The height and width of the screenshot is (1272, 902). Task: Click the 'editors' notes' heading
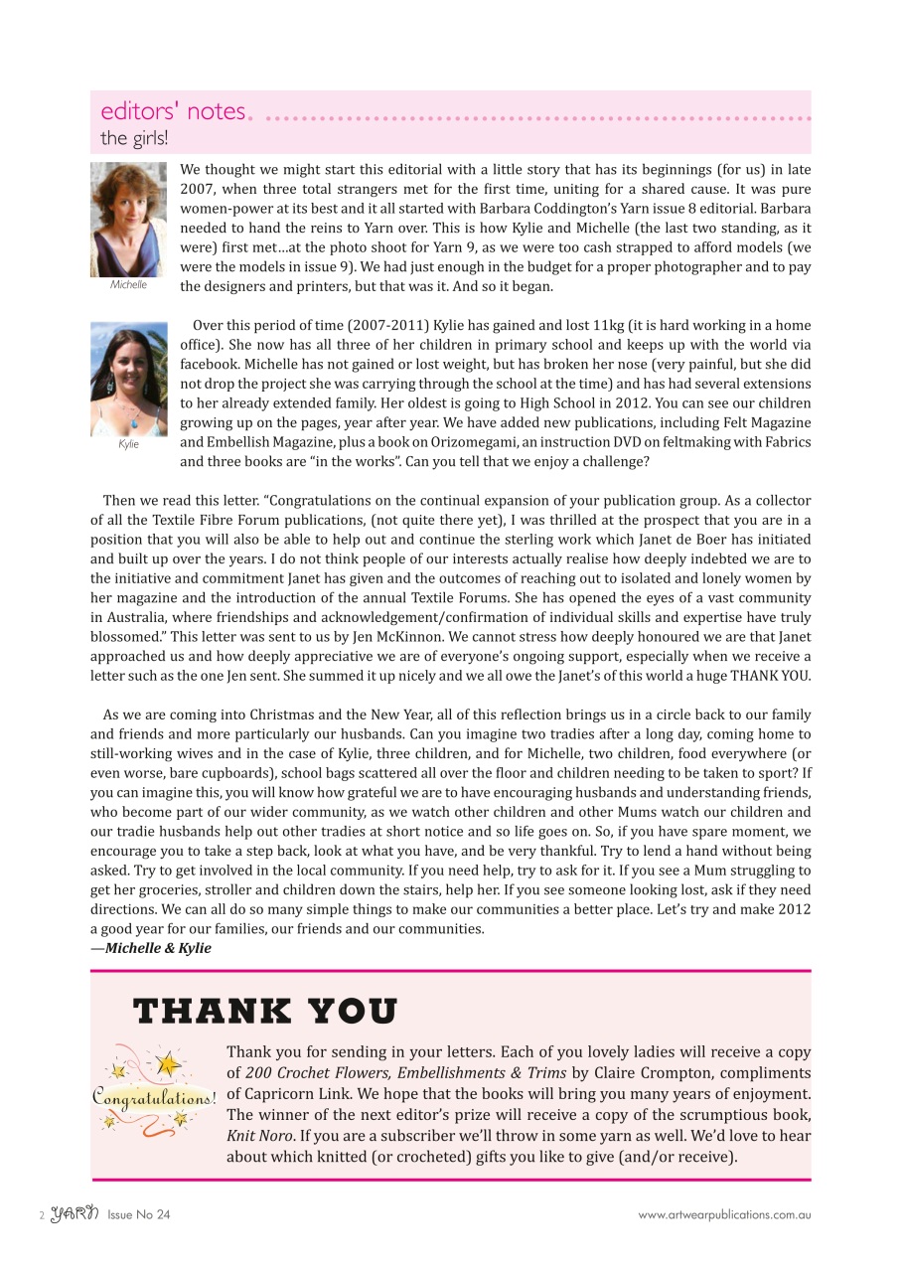[x=173, y=111]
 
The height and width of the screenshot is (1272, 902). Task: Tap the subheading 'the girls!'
[x=134, y=138]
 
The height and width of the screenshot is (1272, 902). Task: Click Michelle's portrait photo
[x=128, y=219]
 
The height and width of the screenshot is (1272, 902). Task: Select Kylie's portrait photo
[x=128, y=379]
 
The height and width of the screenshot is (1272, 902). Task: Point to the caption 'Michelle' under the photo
[x=128, y=284]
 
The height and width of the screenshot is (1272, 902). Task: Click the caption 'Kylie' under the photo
[x=128, y=444]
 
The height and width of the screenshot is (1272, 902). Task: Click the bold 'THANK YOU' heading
[x=265, y=1012]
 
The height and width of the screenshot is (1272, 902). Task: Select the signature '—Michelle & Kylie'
[x=151, y=948]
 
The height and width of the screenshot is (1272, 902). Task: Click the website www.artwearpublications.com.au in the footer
[x=724, y=1214]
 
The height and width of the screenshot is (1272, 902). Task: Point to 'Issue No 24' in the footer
[x=139, y=1214]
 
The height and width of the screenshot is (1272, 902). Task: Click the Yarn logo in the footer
[x=74, y=1213]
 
